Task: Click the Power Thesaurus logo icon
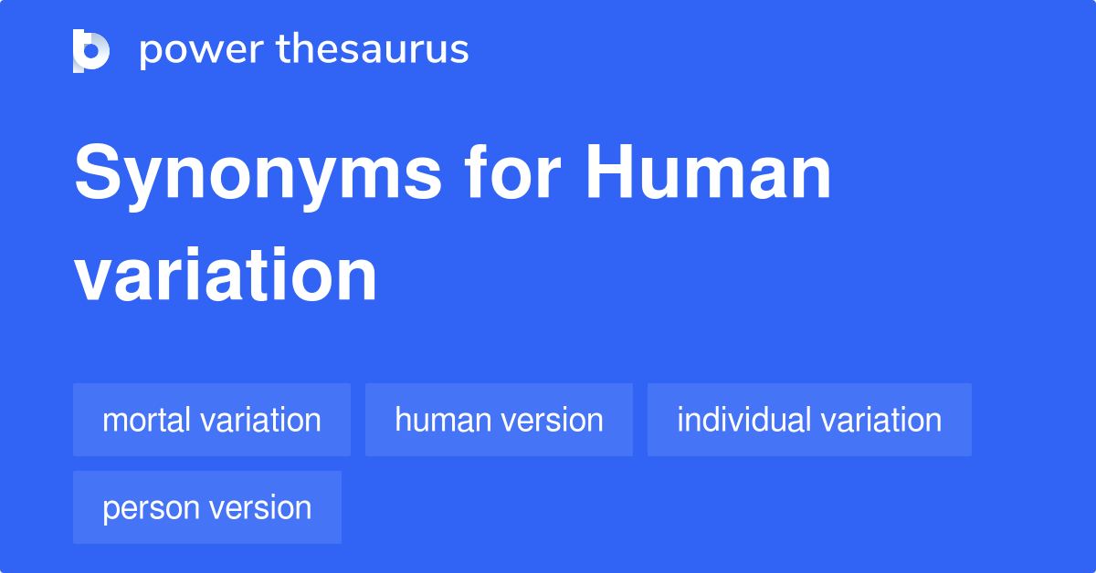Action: (91, 50)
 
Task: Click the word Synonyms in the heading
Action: (258, 175)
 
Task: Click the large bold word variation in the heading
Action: (226, 276)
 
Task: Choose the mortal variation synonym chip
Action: (212, 420)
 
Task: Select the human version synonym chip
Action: (499, 420)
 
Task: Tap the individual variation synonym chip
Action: (809, 420)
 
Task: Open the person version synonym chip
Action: (207, 507)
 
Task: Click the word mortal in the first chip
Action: (146, 420)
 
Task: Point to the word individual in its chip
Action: (744, 420)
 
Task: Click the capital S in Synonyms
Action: (95, 175)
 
